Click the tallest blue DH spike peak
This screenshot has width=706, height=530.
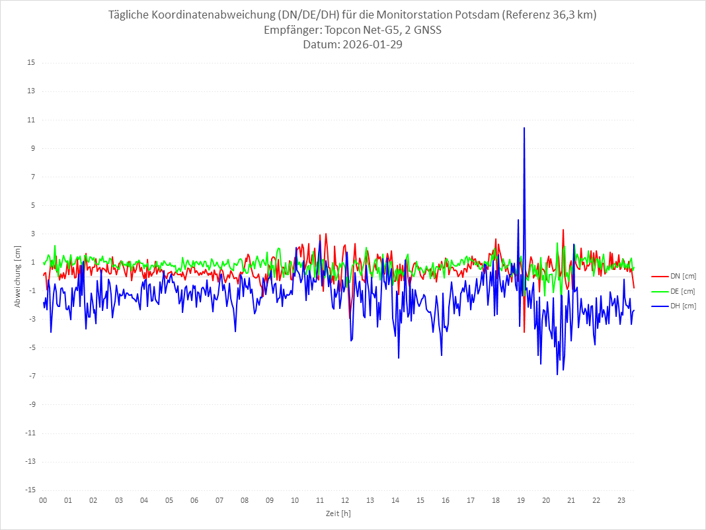[x=524, y=128]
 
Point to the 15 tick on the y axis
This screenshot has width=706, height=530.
[x=31, y=63]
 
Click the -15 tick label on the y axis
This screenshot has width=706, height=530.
[x=30, y=490]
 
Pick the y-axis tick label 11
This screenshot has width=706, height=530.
[x=31, y=120]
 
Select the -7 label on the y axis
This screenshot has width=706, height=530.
[x=31, y=376]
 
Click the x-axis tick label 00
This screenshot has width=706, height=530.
[x=43, y=500]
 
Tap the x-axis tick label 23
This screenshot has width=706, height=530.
[x=621, y=500]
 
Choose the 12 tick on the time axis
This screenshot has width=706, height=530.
[x=345, y=500]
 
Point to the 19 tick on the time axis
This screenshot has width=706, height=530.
[x=521, y=500]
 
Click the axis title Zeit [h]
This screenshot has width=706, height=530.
[x=338, y=513]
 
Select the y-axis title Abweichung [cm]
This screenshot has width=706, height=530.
[x=18, y=276]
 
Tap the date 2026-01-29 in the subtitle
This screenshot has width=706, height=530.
[x=372, y=45]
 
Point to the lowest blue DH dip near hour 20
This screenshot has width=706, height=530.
[x=557, y=375]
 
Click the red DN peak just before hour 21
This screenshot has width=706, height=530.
[x=563, y=230]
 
